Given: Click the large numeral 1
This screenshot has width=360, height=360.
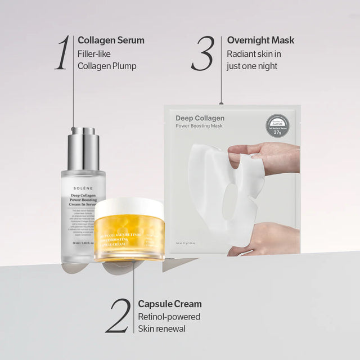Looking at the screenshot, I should (64, 53).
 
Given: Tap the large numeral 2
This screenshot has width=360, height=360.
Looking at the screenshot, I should (118, 316).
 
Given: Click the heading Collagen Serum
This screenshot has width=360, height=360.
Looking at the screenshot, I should (111, 40).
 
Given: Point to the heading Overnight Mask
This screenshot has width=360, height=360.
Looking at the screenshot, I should (260, 40).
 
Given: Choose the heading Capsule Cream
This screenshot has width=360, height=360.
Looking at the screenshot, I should (170, 304).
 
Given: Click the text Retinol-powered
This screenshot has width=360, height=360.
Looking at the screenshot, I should (169, 317).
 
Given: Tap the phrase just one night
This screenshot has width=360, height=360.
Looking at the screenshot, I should (252, 66).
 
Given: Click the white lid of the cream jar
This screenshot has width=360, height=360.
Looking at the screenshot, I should (129, 208).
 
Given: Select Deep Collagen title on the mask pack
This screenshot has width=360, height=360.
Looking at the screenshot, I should (200, 118).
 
